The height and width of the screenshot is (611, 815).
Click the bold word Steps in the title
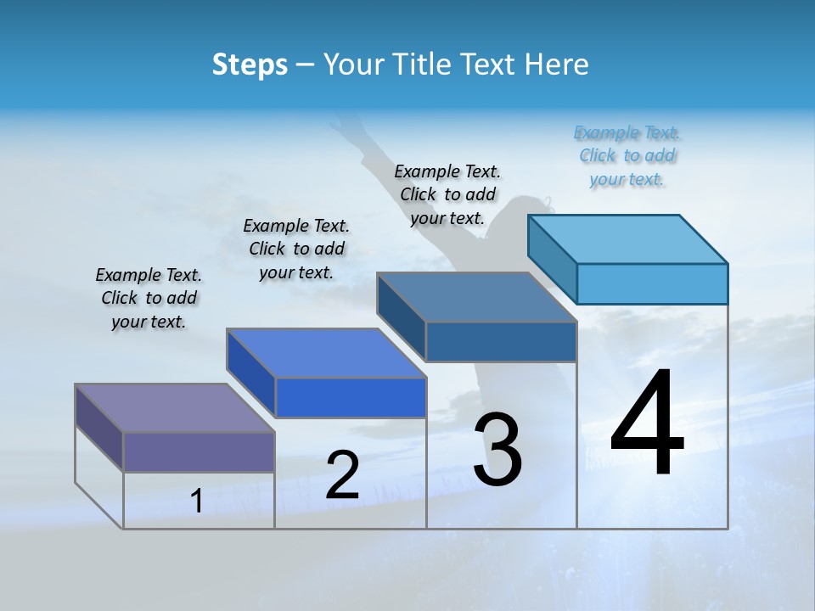(x=250, y=64)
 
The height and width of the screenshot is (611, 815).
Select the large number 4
(x=647, y=423)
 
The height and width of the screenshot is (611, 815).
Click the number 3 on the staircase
(x=497, y=450)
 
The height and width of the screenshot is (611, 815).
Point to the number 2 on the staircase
(x=342, y=475)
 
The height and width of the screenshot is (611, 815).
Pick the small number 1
(x=197, y=502)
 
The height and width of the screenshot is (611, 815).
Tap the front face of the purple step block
(x=199, y=451)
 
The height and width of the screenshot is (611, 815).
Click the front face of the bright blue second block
(x=351, y=397)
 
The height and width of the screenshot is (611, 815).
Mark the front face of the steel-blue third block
(x=501, y=341)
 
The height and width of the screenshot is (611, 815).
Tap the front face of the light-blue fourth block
(x=652, y=283)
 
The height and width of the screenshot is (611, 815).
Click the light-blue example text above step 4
(x=627, y=156)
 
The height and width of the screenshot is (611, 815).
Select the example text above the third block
(x=447, y=194)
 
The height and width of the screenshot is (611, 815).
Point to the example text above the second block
(x=296, y=249)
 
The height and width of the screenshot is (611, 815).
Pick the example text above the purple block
(x=149, y=298)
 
